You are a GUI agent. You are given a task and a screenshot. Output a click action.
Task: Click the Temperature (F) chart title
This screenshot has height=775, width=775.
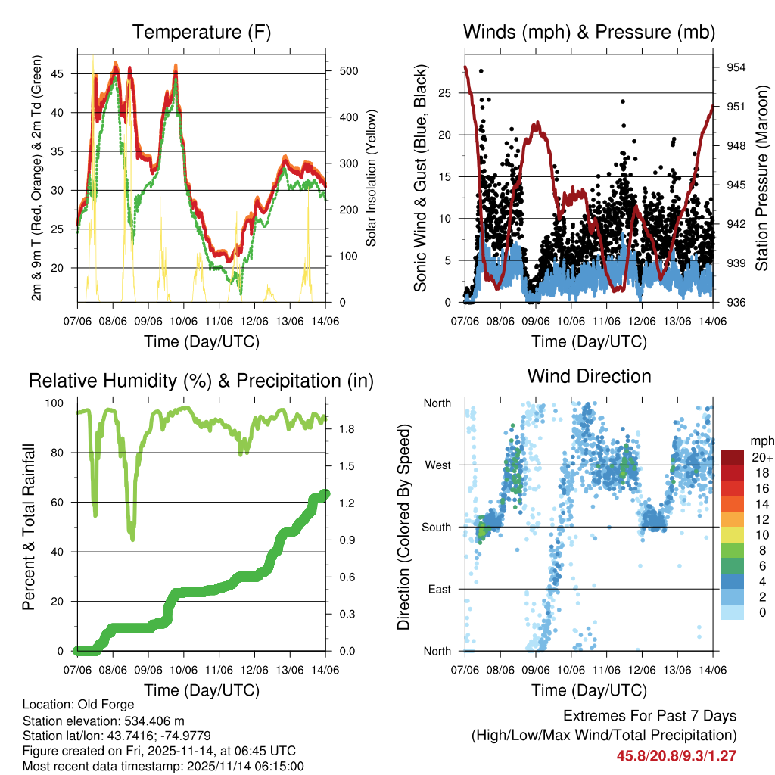(x=201, y=33)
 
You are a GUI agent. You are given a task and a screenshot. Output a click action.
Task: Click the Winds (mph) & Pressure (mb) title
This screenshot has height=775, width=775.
(x=589, y=33)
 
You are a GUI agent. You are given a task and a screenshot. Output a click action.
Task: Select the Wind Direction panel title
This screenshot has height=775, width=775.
(x=589, y=376)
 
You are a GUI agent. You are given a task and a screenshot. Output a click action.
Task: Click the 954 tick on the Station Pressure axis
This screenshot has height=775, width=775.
(x=736, y=67)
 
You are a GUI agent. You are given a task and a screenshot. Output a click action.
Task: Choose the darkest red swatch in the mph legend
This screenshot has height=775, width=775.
(x=732, y=457)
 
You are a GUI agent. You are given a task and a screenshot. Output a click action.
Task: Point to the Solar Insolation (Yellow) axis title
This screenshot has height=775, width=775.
(x=372, y=179)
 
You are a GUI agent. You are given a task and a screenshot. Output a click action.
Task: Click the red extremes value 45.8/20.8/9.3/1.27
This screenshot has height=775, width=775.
(x=677, y=755)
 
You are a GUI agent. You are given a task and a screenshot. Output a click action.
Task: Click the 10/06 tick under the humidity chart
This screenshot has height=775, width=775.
(x=182, y=669)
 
